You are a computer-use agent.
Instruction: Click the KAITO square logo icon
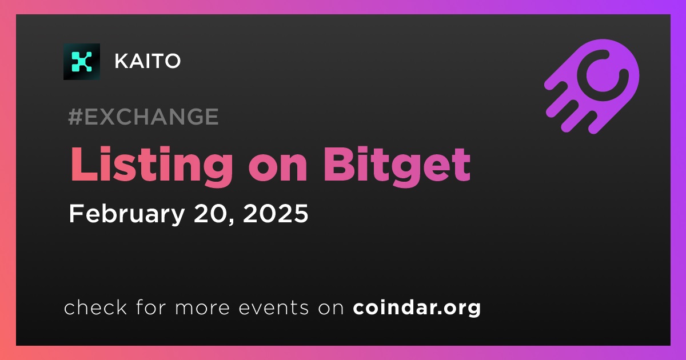click(x=82, y=62)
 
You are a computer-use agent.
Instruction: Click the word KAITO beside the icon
click(x=147, y=61)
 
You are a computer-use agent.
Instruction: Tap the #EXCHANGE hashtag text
click(x=143, y=117)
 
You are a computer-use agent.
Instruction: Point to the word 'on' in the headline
click(x=278, y=170)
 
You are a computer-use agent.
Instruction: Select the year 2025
click(x=276, y=213)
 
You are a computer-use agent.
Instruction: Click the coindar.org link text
click(x=417, y=307)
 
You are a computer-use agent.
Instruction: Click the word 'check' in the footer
click(x=95, y=307)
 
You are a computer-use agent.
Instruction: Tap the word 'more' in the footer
click(x=202, y=308)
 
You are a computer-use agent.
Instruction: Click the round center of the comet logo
click(x=603, y=75)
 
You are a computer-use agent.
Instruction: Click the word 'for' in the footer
click(x=151, y=307)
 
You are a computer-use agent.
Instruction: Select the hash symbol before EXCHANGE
click(x=75, y=117)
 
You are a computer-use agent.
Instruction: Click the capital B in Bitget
click(x=339, y=165)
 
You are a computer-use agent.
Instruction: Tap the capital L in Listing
click(x=83, y=165)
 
